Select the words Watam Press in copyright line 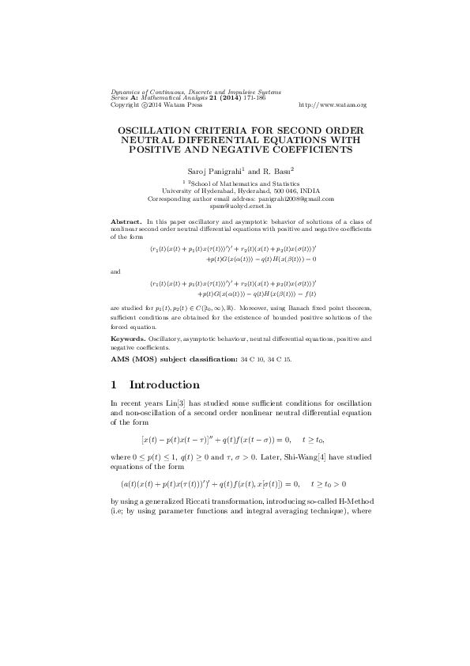[181, 104]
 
